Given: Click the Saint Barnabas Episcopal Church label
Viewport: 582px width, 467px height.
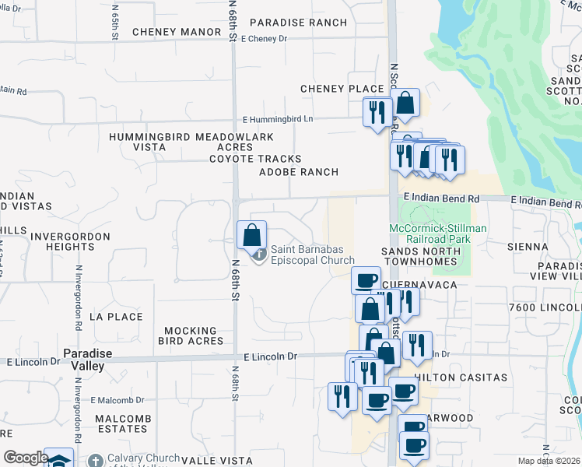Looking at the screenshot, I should point(312,255).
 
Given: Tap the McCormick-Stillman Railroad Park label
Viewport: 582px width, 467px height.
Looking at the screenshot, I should point(438,233).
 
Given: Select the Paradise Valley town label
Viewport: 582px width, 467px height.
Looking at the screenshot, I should point(87,360).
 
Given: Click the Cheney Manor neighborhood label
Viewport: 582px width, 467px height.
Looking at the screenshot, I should point(177,32).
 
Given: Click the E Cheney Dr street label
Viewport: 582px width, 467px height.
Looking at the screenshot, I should point(265,38).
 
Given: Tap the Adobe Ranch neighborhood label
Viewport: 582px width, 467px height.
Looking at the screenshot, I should point(299,172).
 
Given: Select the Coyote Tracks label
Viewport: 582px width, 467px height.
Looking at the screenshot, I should point(254,159).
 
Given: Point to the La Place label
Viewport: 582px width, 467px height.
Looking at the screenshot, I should point(116,317).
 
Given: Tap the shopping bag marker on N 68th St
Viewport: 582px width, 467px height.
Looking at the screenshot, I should point(251,235).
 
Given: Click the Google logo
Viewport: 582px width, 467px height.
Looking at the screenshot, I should point(25,458).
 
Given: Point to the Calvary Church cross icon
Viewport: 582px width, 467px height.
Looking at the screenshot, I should point(95,461).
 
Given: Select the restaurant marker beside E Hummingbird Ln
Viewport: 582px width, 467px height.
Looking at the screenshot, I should point(374,111).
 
